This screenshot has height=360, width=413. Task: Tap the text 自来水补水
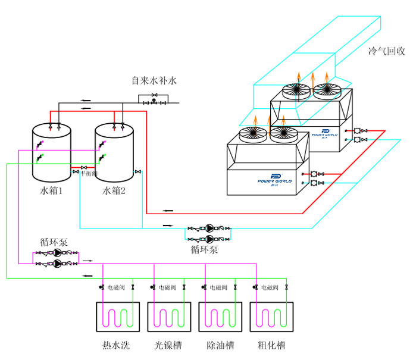155,80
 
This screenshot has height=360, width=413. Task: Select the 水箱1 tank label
52,190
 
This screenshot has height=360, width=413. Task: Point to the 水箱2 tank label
114,190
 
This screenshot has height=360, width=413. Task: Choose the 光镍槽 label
168,345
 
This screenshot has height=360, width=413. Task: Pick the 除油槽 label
220,345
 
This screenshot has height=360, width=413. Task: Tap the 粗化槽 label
271,345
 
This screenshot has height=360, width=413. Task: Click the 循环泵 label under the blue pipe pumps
204,250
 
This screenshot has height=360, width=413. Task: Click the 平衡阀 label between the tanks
88,173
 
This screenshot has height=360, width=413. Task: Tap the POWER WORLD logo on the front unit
276,179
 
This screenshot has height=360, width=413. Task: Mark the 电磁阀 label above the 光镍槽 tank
167,288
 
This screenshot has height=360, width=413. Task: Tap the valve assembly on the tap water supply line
154,99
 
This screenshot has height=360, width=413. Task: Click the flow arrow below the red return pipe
168,210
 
